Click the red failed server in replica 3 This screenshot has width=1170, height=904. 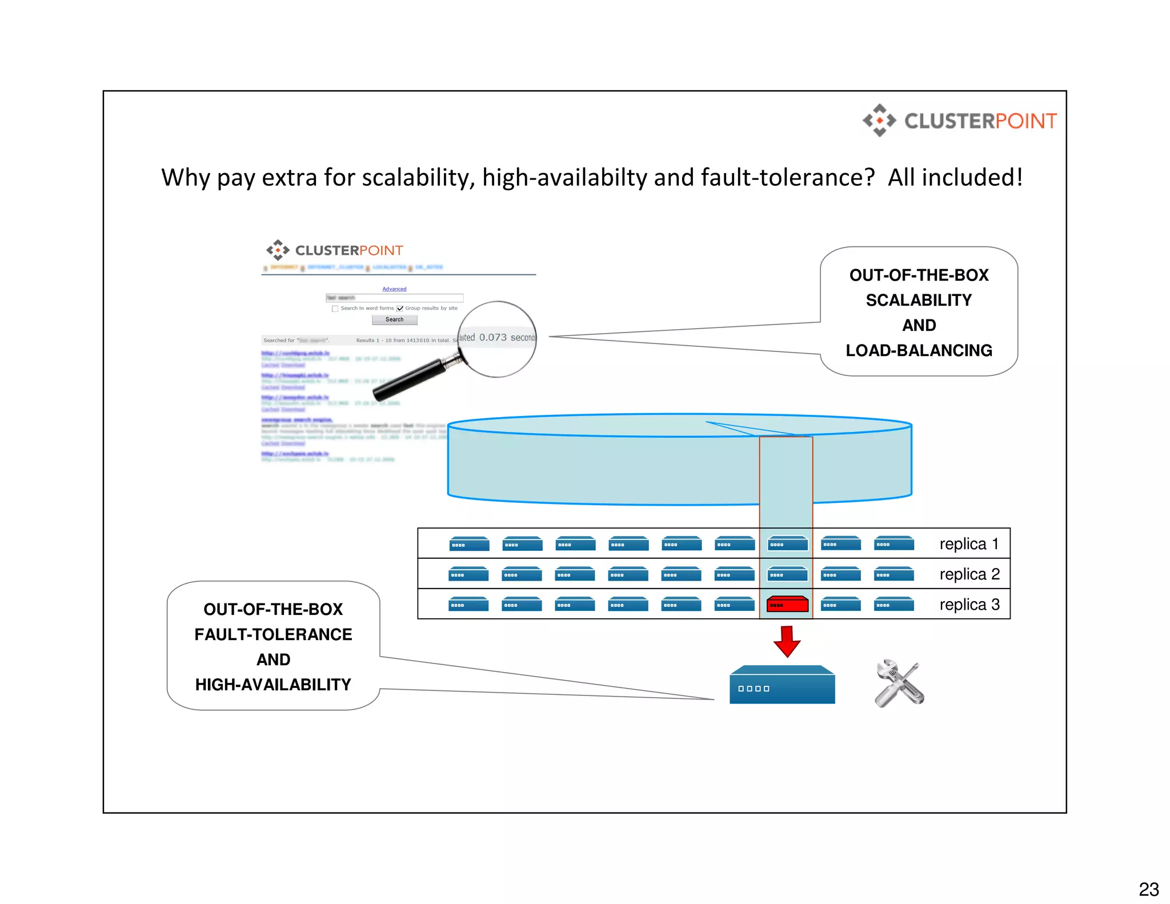787,604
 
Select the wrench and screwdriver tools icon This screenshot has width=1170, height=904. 899,683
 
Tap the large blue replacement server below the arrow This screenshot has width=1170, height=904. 782,686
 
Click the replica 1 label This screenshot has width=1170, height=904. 969,544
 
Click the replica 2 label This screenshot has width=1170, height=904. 969,574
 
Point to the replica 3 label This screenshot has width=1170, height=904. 969,604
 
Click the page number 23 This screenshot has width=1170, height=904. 1148,889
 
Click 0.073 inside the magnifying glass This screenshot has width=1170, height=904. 492,337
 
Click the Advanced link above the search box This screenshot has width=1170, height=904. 394,289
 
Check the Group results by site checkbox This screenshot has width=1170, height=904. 400,309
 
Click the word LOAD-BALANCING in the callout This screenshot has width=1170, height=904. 919,350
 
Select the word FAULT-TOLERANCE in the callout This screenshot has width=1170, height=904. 273,634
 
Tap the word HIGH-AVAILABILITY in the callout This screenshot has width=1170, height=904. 273,685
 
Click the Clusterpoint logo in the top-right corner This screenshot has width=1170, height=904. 960,121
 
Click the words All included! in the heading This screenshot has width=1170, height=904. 955,177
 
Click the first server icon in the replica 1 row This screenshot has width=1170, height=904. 469,544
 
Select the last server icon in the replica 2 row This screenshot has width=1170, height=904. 894,574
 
